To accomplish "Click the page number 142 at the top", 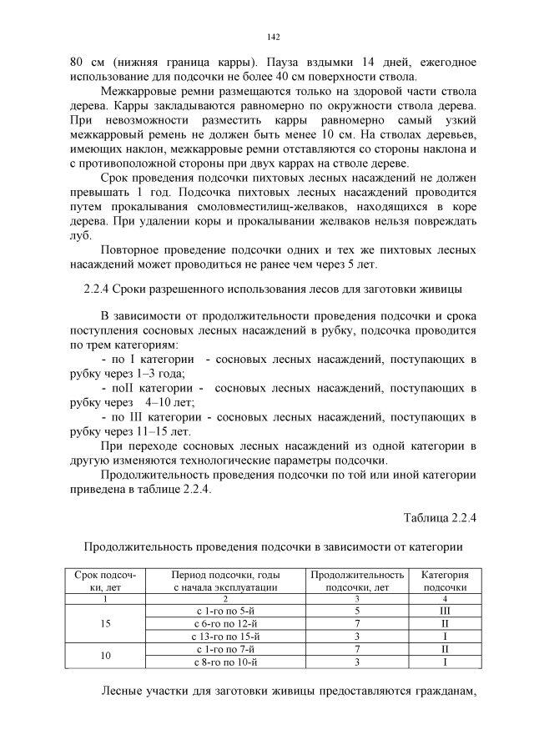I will click(272, 38).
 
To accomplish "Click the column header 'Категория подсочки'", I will click(444, 581).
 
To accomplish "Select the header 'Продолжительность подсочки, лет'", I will click(356, 581).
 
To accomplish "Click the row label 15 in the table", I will click(105, 624).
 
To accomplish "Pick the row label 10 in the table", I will click(105, 657).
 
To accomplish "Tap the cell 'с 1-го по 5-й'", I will click(225, 612).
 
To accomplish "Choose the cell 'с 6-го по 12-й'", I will click(225, 624).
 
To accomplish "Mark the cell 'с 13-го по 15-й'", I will click(225, 637).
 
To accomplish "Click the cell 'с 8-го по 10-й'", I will click(225, 662).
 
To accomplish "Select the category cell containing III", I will click(444, 612).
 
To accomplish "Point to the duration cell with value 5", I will click(356, 612).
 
